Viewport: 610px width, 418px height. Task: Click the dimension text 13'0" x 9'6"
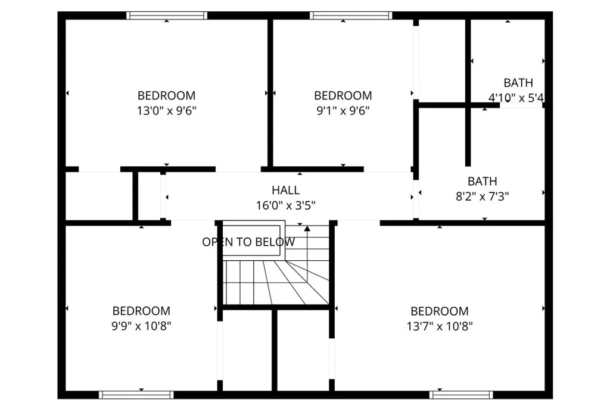click(166, 110)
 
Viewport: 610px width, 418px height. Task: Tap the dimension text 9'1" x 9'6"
click(343, 110)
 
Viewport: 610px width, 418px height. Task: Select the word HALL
click(285, 191)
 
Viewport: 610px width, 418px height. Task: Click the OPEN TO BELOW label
click(248, 242)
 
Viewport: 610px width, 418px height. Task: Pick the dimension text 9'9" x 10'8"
click(141, 326)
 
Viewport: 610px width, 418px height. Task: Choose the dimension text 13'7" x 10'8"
click(440, 326)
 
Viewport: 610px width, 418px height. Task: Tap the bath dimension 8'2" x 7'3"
click(482, 196)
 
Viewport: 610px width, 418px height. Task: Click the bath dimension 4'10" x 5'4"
click(516, 98)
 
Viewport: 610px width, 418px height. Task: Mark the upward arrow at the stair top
click(307, 228)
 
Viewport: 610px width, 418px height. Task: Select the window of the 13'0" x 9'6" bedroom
click(167, 15)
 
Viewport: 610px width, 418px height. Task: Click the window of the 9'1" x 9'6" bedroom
click(351, 15)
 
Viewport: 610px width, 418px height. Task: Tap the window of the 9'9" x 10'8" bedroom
click(136, 394)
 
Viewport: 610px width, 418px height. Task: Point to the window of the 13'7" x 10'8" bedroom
click(461, 394)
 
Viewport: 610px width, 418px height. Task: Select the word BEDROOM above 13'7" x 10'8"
click(440, 311)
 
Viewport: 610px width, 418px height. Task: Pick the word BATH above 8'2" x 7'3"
click(482, 181)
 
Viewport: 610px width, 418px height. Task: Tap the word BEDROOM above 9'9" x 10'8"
click(141, 311)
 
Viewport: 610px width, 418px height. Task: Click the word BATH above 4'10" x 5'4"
click(518, 83)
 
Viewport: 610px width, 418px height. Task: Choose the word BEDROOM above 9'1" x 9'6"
click(343, 95)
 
